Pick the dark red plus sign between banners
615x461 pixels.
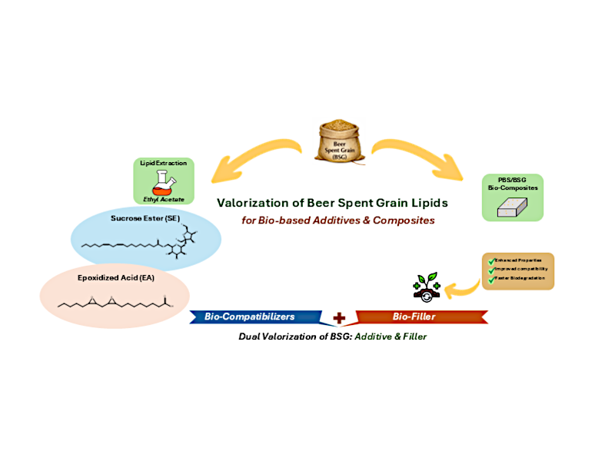pyautogui.click(x=337, y=317)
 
